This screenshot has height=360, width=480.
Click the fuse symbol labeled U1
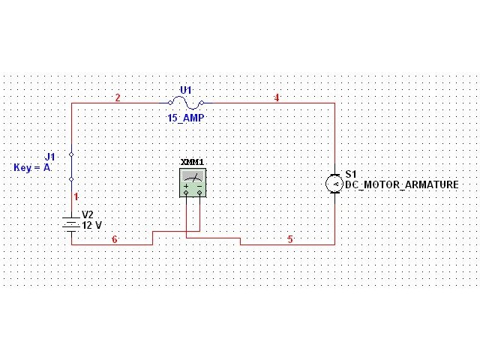186,103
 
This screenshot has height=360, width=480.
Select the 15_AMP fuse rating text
186,118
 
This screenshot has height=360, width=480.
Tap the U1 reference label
186,90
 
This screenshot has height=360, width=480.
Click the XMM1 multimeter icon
193,181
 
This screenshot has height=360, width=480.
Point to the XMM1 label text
192,162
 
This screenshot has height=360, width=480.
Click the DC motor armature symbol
334,184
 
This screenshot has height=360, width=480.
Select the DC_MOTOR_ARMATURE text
401,184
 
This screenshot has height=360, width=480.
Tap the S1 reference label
350,174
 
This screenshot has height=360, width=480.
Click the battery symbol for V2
71,223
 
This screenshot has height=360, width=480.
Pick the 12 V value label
91,225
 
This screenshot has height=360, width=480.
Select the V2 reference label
87,214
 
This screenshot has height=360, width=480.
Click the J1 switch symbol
71,166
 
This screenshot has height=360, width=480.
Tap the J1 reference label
49,157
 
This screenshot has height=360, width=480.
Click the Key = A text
32,168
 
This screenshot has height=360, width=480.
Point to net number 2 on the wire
118,97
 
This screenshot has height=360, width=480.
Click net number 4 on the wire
277,97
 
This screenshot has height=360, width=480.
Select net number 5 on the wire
290,239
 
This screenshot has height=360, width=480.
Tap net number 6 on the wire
115,239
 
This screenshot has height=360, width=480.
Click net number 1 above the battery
76,196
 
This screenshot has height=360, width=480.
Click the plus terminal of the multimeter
186,192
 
